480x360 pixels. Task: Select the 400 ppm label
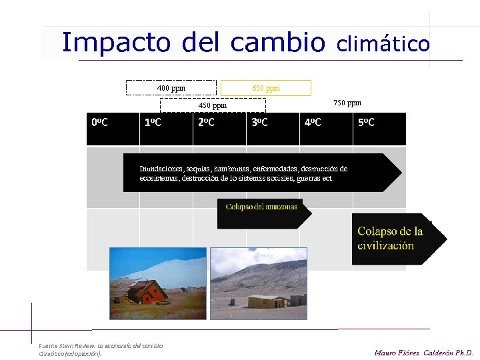coord(171,88)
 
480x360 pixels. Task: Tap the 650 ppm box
coord(265,88)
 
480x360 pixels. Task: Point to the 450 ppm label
coord(213,105)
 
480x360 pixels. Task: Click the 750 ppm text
coord(347,103)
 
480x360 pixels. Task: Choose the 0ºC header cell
coord(100,123)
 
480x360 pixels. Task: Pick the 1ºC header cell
coord(153,123)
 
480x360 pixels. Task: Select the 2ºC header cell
coord(206,123)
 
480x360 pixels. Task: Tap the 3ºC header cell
coord(259,123)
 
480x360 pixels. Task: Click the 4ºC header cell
coord(313,123)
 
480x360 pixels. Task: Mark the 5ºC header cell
coord(366,123)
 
